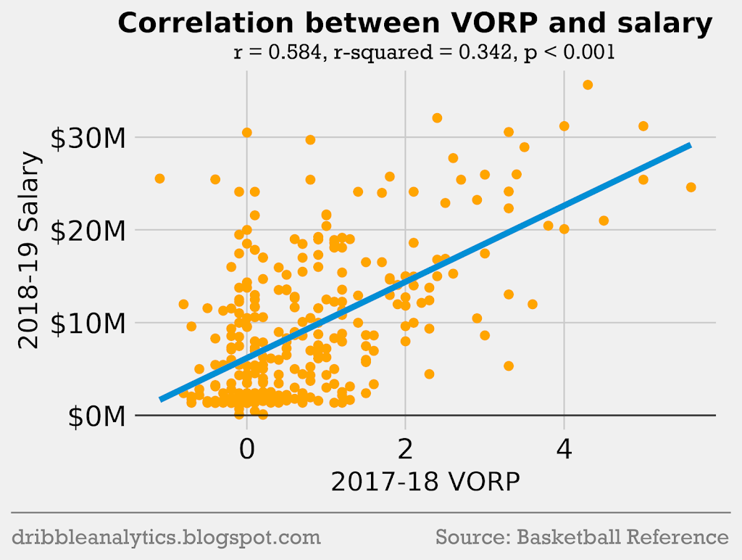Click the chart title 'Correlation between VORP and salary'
coord(415,25)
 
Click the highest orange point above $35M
coord(588,85)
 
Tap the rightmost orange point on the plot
coord(691,187)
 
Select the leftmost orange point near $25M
coord(159,178)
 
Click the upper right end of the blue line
coord(688,146)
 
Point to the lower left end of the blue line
coord(162,398)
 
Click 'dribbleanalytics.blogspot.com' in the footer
coord(166,538)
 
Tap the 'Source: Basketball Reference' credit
coord(582,538)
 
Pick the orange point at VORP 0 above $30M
coord(247,133)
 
